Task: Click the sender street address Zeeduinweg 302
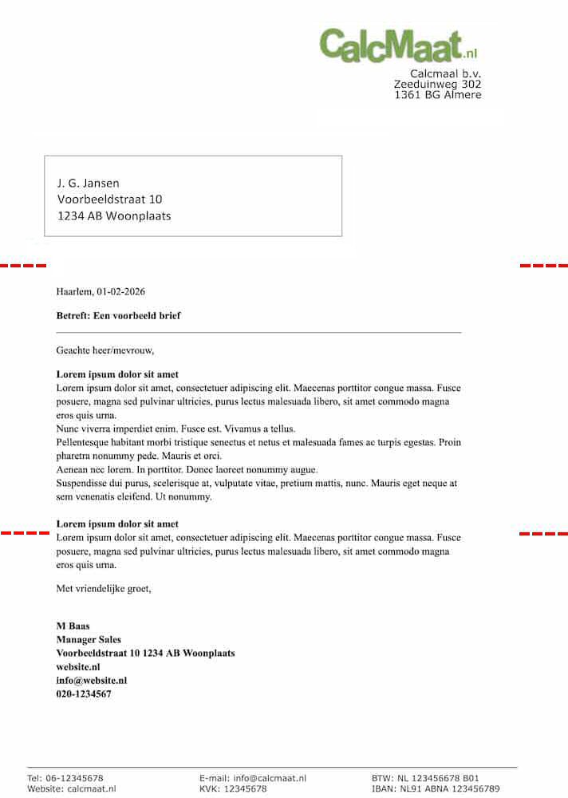point(438,84)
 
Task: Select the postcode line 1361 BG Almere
point(438,95)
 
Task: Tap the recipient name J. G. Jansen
point(88,183)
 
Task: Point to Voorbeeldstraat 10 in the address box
point(109,199)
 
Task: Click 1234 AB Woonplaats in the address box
point(114,215)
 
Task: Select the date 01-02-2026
point(120,292)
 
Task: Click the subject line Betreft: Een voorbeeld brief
point(118,316)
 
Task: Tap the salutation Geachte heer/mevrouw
point(105,350)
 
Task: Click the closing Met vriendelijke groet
point(103,589)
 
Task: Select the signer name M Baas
point(73,626)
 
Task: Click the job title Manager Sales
point(89,639)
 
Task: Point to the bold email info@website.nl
point(92,681)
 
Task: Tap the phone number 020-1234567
point(84,694)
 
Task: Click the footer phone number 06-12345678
point(76,778)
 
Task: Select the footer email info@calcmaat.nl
point(270,778)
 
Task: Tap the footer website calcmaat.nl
point(92,789)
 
